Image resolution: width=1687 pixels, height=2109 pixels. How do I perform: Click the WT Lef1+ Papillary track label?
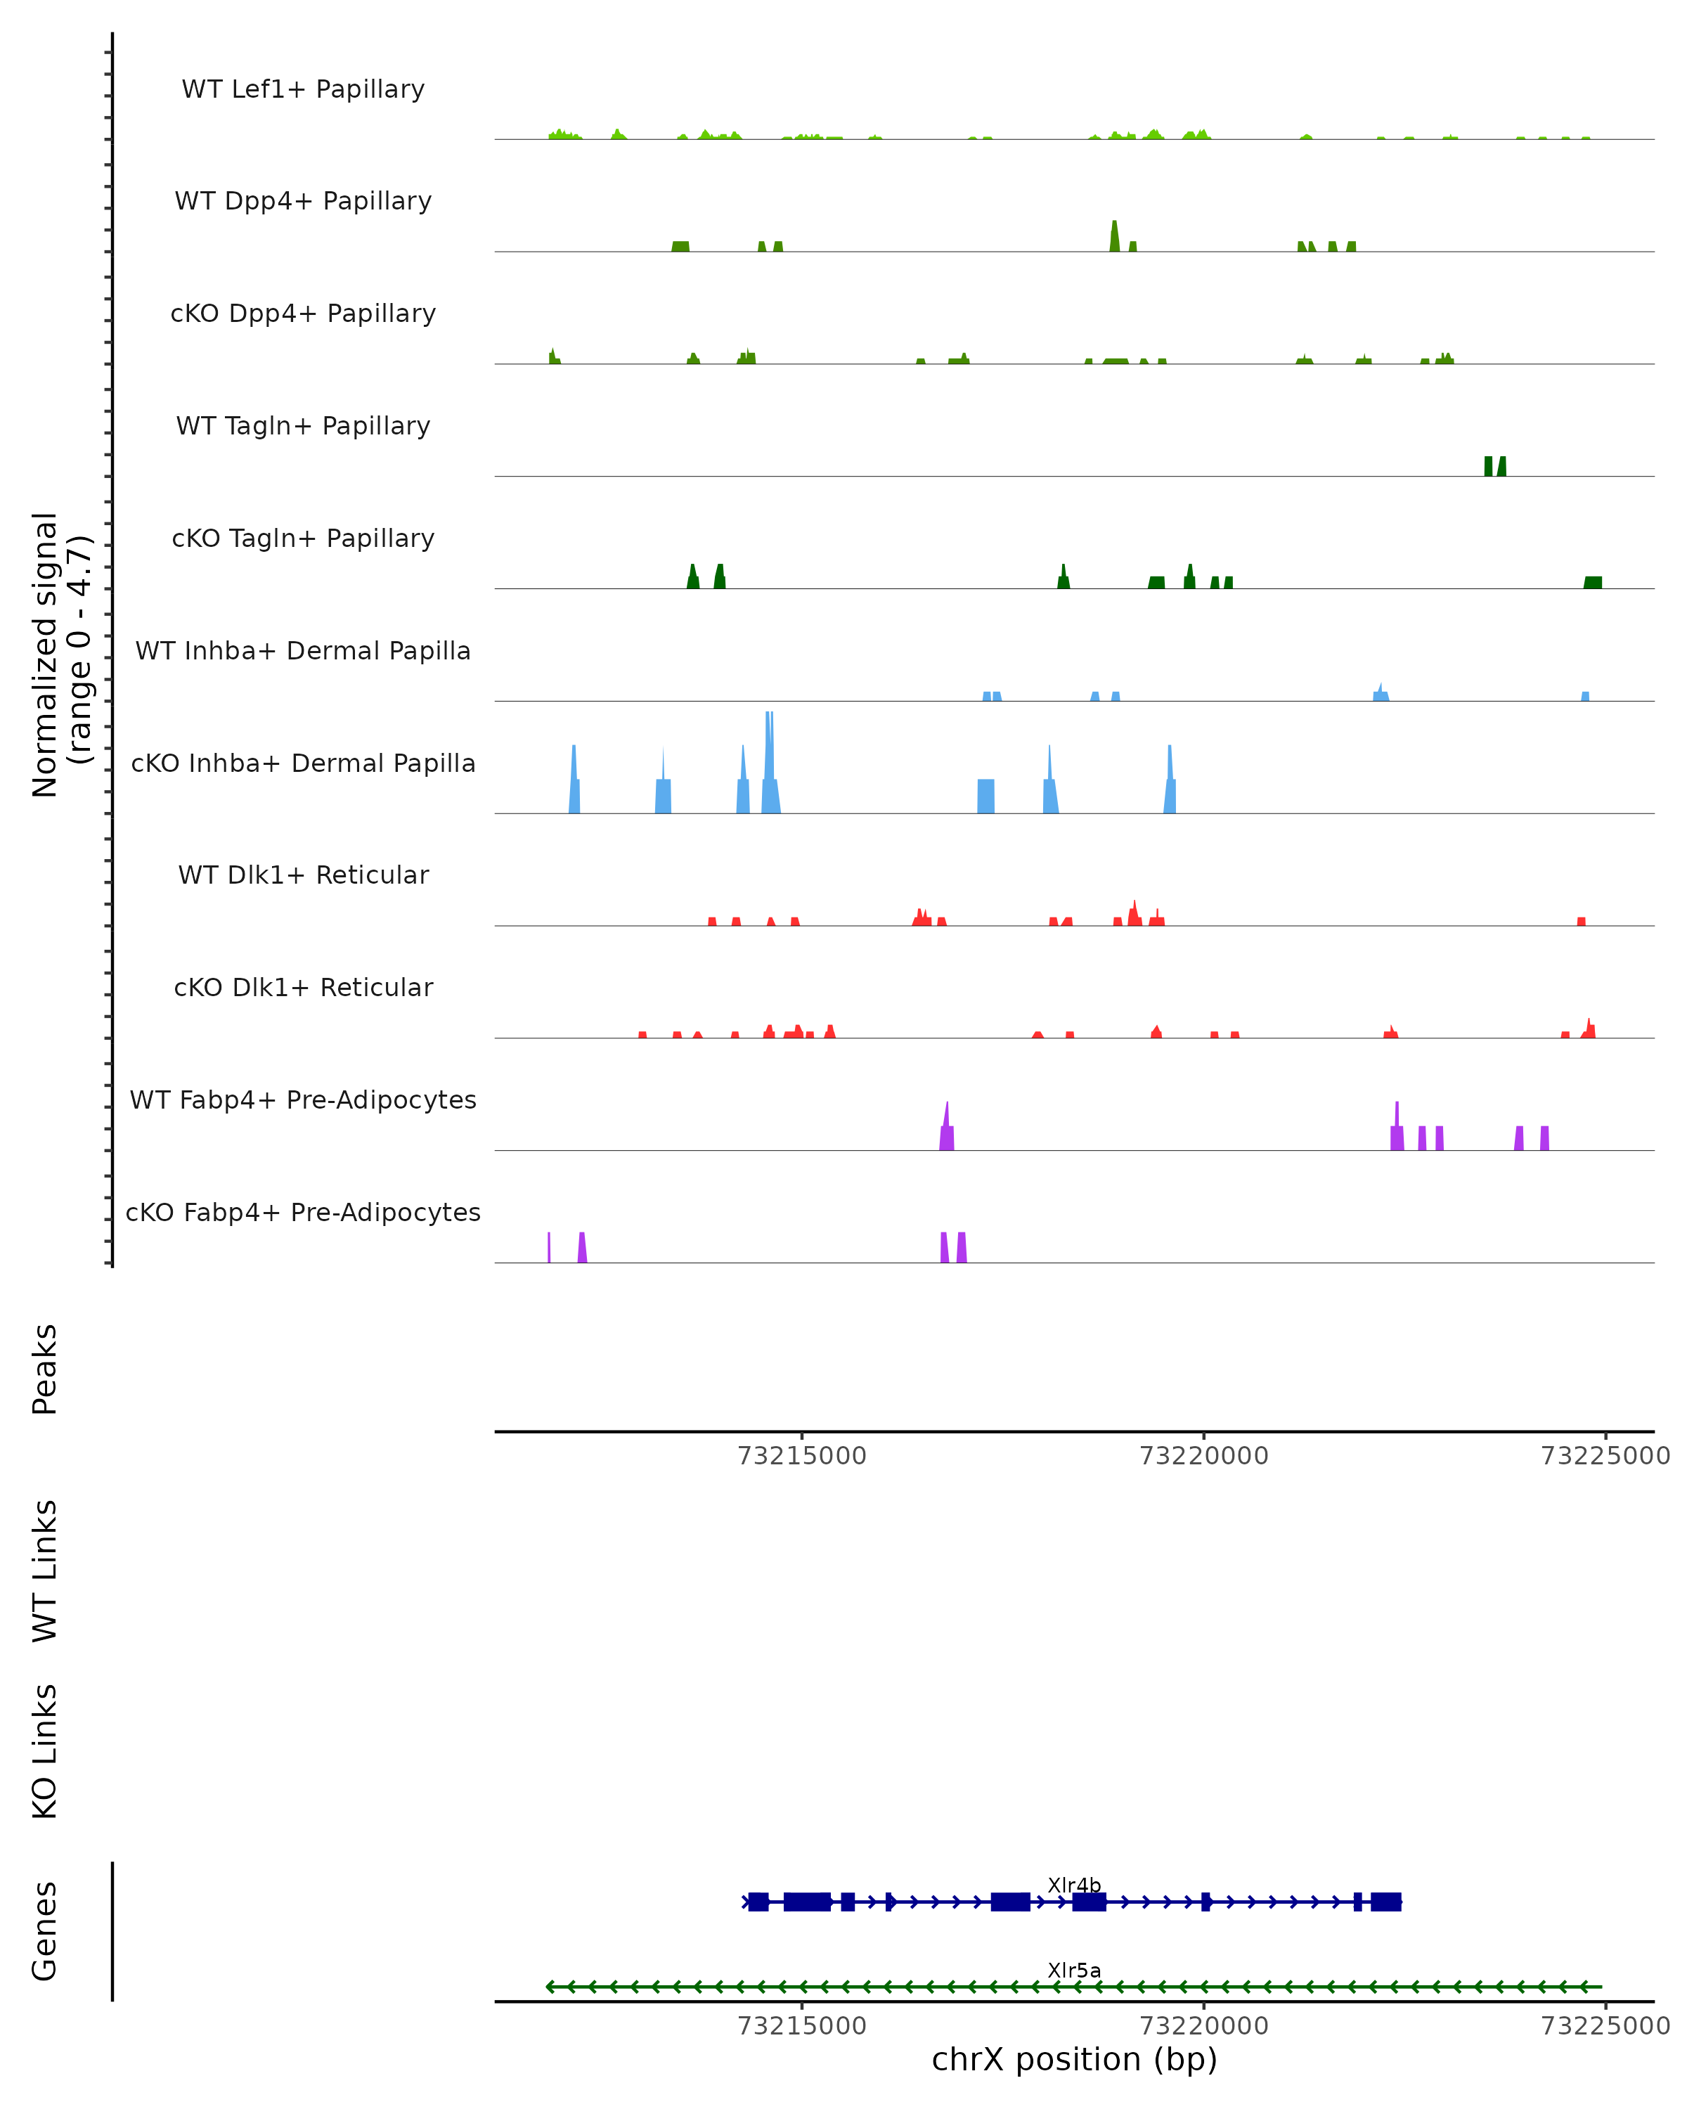(x=303, y=89)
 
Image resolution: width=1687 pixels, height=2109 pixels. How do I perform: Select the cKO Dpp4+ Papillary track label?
(x=303, y=313)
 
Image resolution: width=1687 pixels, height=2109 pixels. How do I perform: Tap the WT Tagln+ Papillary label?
(x=303, y=425)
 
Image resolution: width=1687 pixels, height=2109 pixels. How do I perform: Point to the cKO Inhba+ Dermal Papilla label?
(x=303, y=763)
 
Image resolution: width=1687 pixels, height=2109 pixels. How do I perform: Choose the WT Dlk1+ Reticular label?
(x=303, y=875)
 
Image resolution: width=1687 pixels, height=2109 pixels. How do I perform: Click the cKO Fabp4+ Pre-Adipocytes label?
(x=303, y=1212)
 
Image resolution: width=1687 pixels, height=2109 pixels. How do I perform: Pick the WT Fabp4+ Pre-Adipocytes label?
(x=303, y=1099)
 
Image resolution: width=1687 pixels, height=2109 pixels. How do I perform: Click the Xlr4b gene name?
(x=1074, y=1885)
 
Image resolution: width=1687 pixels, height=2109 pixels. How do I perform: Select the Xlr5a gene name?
(x=1074, y=1970)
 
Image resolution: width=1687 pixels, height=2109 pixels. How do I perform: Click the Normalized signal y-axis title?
(x=60, y=653)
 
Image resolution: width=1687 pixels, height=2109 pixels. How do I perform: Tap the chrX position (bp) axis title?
(x=1074, y=2059)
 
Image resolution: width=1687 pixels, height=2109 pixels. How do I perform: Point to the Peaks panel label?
(x=45, y=1369)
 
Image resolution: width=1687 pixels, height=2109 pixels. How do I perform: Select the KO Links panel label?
(x=45, y=1751)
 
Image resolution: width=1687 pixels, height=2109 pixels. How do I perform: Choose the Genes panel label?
(x=45, y=1931)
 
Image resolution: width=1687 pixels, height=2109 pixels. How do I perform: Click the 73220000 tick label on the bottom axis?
(x=1204, y=2025)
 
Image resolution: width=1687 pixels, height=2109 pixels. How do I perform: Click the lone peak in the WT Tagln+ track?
(x=1494, y=467)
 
